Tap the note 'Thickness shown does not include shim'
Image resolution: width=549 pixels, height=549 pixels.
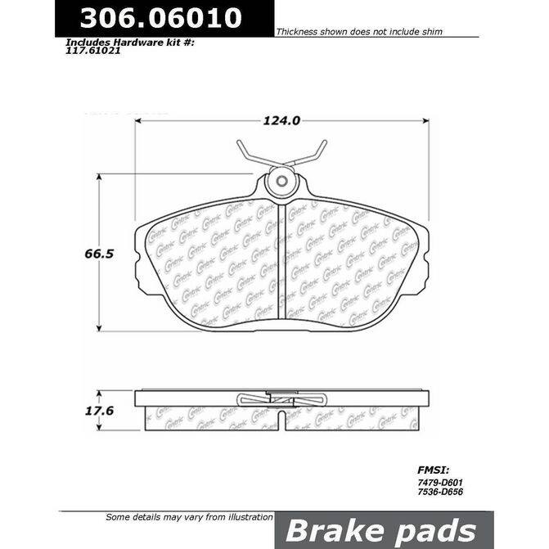(x=359, y=32)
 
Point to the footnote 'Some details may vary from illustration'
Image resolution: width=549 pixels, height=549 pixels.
(x=190, y=517)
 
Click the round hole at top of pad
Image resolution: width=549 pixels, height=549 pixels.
(x=280, y=182)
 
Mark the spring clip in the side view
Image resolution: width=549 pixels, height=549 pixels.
(x=281, y=399)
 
